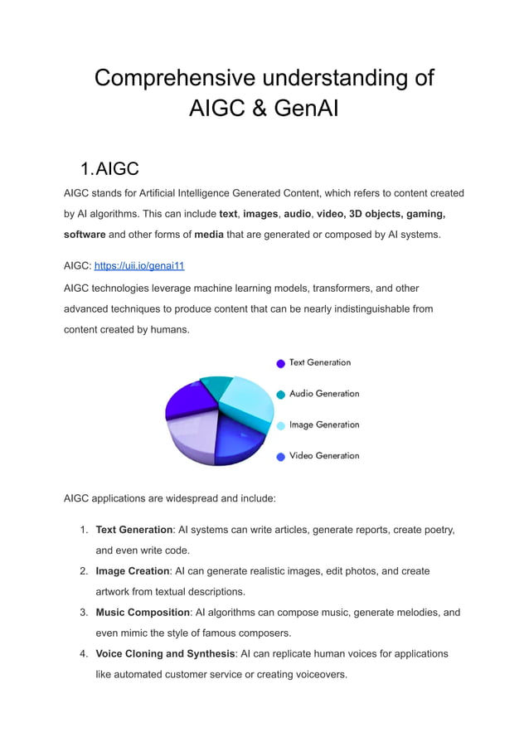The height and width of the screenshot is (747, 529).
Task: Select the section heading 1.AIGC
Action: pos(109,169)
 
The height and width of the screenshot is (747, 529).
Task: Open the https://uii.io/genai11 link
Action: pos(139,266)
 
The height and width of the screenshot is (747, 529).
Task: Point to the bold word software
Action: pos(85,235)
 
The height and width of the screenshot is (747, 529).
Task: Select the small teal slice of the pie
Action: pos(217,386)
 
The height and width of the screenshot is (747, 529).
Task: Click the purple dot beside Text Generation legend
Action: pos(281,363)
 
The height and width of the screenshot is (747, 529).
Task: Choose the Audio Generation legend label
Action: pos(324,394)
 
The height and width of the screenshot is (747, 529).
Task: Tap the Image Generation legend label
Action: pos(324,424)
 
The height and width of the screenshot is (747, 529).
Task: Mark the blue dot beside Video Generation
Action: pos(281,456)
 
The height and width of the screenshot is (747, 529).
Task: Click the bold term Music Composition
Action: pos(143,613)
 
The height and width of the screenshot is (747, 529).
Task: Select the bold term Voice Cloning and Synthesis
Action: pos(165,654)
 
